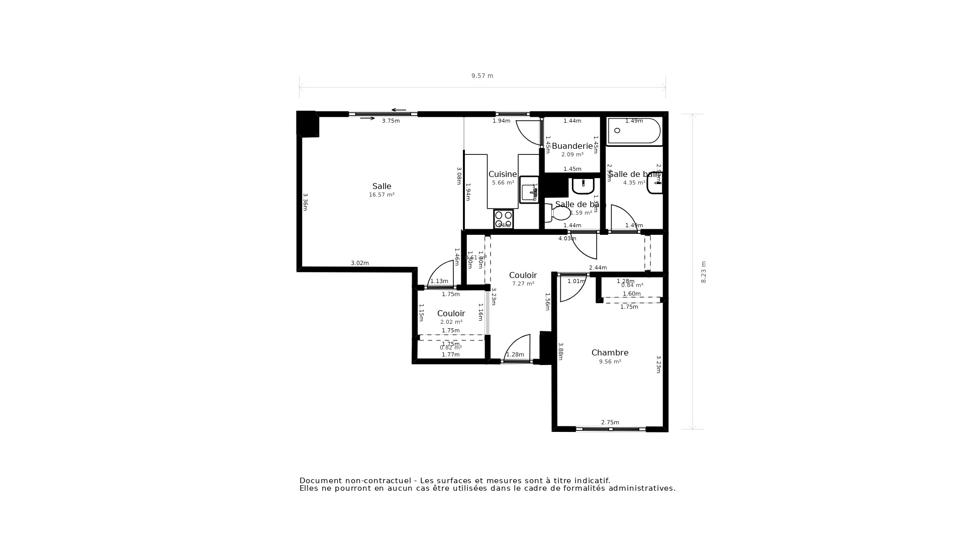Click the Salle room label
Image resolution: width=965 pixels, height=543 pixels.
[x=381, y=187]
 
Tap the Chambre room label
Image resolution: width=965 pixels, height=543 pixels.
[x=610, y=353]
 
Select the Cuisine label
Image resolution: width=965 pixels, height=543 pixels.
[x=503, y=174]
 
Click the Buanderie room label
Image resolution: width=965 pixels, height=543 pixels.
[x=572, y=146]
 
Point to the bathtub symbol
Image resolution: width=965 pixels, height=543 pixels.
[x=633, y=131]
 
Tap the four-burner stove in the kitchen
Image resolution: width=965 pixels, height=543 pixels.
[x=503, y=219]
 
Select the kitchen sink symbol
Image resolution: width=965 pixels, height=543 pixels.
[x=529, y=190]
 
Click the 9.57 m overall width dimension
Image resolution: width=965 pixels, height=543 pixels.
[x=482, y=76]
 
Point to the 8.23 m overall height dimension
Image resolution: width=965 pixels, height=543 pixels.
[x=704, y=271]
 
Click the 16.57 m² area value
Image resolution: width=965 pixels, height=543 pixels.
[x=381, y=195]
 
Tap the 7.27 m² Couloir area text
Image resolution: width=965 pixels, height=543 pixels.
[x=523, y=284]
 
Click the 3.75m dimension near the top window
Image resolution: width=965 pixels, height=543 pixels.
[x=391, y=121]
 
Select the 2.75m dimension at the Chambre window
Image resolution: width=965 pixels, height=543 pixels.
[x=610, y=423]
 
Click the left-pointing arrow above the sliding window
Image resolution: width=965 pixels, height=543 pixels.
[x=399, y=110]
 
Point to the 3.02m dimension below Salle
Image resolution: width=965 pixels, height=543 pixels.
[x=359, y=263]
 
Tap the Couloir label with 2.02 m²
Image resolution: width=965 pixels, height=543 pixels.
[x=451, y=314]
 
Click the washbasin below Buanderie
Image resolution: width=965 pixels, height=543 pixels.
[x=583, y=186]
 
